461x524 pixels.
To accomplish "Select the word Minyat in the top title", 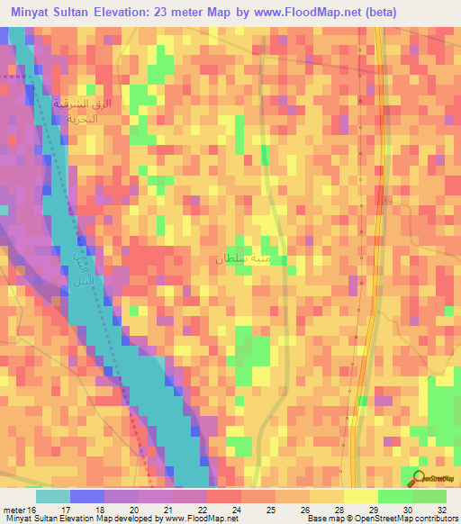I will [x=32, y=12].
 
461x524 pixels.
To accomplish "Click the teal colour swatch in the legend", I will [x=53, y=496].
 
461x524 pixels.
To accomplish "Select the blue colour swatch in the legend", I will [x=87, y=496].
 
